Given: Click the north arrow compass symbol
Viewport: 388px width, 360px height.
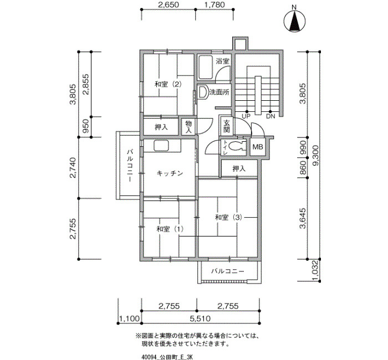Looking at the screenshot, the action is (x=294, y=22).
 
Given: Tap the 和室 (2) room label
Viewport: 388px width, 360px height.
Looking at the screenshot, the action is (x=168, y=84).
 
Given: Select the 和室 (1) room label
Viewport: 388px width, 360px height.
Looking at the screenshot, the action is (x=170, y=229).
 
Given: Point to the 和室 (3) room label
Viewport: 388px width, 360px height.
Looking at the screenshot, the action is (x=228, y=217).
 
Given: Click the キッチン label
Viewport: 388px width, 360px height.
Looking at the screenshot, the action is (x=170, y=173).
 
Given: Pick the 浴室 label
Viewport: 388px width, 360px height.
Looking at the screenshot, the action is (x=222, y=61).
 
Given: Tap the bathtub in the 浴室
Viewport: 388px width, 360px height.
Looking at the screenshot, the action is (x=206, y=67).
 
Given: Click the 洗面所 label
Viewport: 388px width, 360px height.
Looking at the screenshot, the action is (x=219, y=92).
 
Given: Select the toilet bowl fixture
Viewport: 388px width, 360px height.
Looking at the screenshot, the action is (x=236, y=147).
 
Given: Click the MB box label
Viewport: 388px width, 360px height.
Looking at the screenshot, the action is (x=258, y=147).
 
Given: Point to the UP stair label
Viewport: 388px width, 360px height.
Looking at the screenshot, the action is (x=247, y=116).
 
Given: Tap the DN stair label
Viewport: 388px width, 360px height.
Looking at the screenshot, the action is (x=270, y=116).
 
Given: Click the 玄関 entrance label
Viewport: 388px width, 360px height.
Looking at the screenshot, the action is (x=227, y=126).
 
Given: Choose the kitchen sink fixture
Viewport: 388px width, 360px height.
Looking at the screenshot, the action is (x=161, y=146).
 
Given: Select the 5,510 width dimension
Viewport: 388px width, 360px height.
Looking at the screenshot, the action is (x=200, y=318).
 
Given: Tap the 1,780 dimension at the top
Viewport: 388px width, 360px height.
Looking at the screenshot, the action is (x=215, y=4).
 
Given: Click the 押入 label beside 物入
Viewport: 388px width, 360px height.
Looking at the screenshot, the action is (x=161, y=127).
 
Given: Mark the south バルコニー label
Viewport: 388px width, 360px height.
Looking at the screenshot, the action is (x=228, y=271).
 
